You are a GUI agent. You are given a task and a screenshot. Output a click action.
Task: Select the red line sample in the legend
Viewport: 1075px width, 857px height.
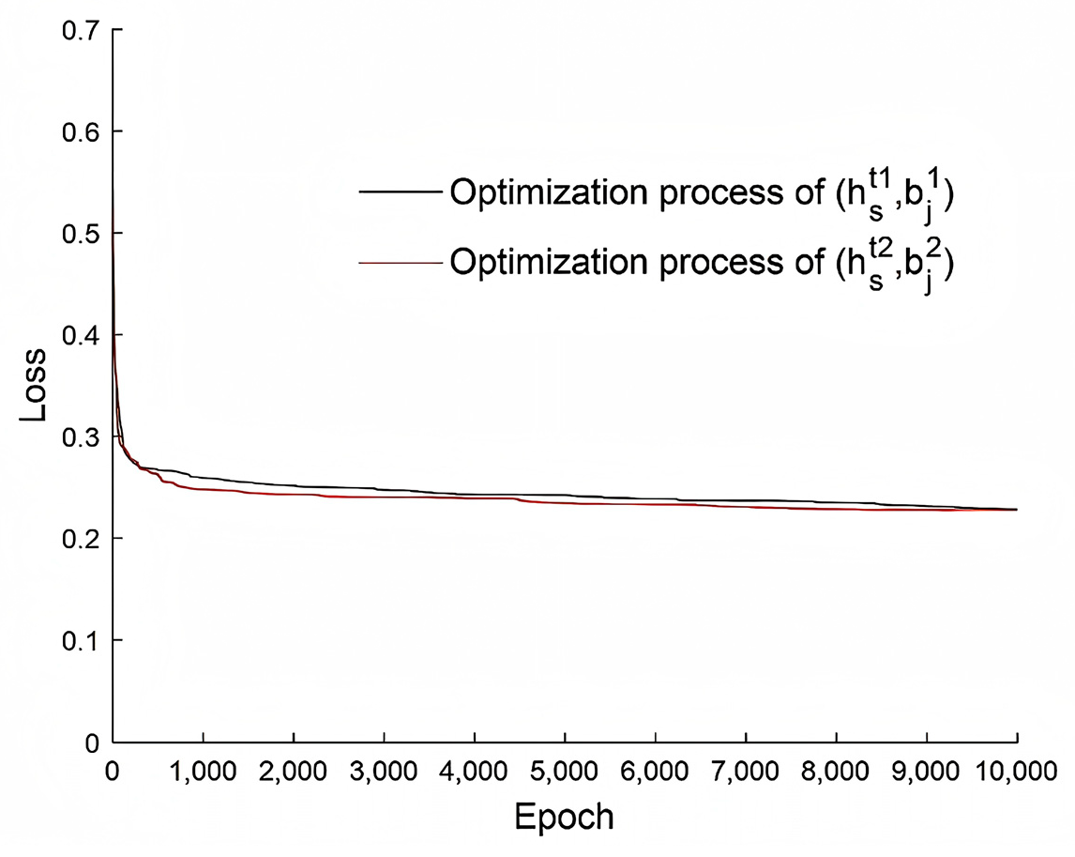[x=400, y=264]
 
